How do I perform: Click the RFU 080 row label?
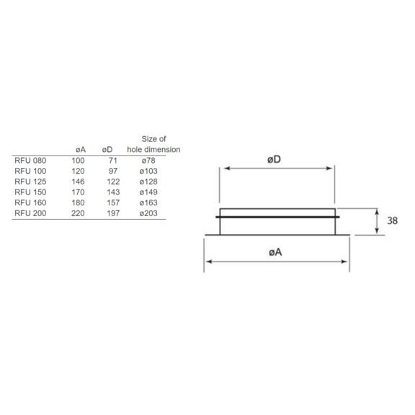pos(30,161)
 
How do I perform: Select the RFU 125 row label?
pos(30,182)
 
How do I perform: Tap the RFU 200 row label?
pos(30,213)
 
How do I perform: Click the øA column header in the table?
pos(81,150)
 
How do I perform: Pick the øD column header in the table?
pos(107,150)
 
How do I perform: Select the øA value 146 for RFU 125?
pos(78,182)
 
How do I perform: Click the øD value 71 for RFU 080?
pos(112,161)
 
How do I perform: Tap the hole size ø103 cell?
pos(148,171)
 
